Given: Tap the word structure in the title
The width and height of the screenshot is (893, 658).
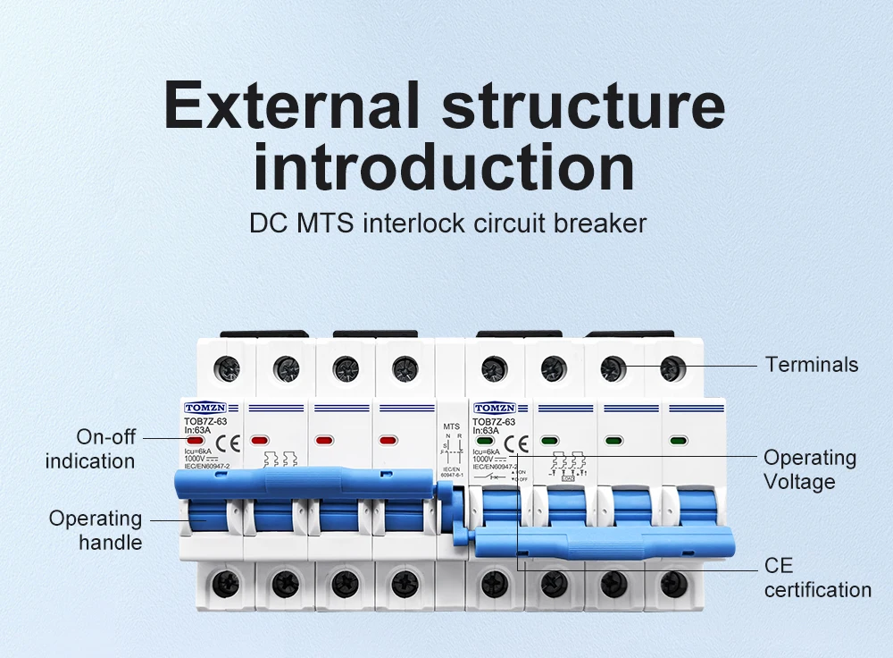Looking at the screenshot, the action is (x=583, y=105).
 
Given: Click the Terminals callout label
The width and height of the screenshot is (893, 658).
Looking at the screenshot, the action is (x=812, y=365).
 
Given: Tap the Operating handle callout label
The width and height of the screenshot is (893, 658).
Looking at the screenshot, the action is (x=96, y=530).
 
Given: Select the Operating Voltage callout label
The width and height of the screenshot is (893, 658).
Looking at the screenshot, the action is (x=810, y=469).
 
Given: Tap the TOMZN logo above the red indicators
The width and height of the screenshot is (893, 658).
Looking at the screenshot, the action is (x=205, y=408).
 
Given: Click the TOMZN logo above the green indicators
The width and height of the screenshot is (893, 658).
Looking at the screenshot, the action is (x=495, y=408).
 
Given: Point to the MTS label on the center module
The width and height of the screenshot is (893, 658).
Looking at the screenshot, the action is (x=451, y=427).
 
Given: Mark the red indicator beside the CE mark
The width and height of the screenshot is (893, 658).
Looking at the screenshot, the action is (x=196, y=442).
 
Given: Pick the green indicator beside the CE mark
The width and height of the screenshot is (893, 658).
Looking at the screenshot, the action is (x=485, y=442).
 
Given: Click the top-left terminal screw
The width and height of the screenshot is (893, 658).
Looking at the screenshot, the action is (x=226, y=367).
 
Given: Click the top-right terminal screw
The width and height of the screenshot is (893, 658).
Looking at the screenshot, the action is (x=672, y=367).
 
